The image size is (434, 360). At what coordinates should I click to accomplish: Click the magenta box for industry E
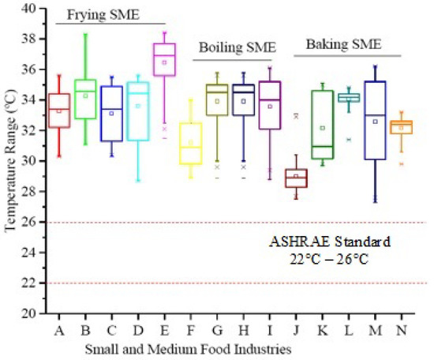pyautogui.click(x=164, y=59)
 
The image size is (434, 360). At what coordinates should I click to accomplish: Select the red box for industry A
pyautogui.click(x=59, y=111)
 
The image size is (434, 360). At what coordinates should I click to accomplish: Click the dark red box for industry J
pyautogui.click(x=296, y=178)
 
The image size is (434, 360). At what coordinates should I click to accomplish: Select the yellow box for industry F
pyautogui.click(x=190, y=143)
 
